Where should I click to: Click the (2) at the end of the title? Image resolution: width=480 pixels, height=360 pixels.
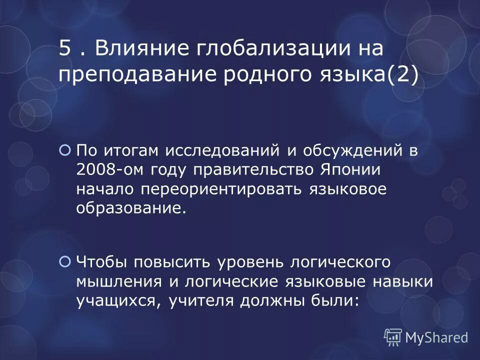402,76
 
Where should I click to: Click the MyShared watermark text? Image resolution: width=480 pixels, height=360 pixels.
436,337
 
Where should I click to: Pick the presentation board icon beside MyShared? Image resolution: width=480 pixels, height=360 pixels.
393,337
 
